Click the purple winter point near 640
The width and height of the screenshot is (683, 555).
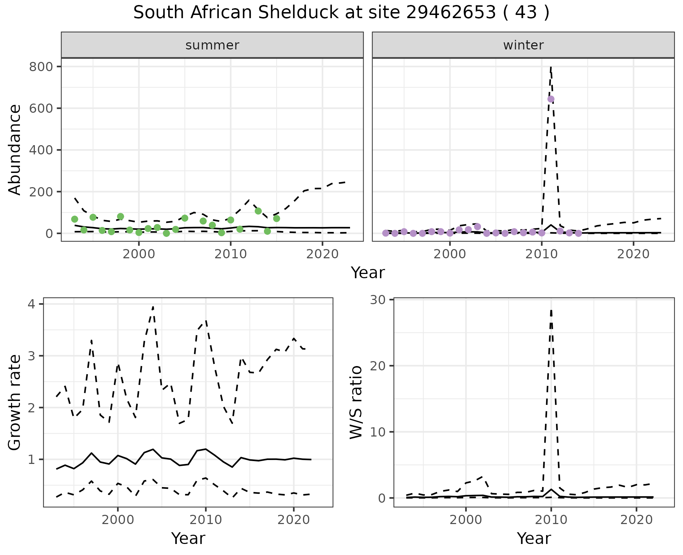(551, 99)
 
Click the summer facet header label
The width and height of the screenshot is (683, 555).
(212, 45)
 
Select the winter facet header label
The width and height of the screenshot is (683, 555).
(523, 45)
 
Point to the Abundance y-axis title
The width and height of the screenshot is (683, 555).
(15, 149)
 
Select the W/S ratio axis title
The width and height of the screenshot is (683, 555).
(356, 402)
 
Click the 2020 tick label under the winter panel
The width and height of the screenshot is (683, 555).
(633, 254)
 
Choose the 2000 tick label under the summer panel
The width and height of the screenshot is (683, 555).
(139, 254)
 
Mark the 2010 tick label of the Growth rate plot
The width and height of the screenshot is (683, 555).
(205, 520)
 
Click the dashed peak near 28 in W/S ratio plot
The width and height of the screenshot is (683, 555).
(551, 310)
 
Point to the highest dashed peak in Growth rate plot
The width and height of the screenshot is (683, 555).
(153, 306)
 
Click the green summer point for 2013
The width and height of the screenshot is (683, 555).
(258, 211)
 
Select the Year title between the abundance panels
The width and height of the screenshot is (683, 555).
(368, 273)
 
